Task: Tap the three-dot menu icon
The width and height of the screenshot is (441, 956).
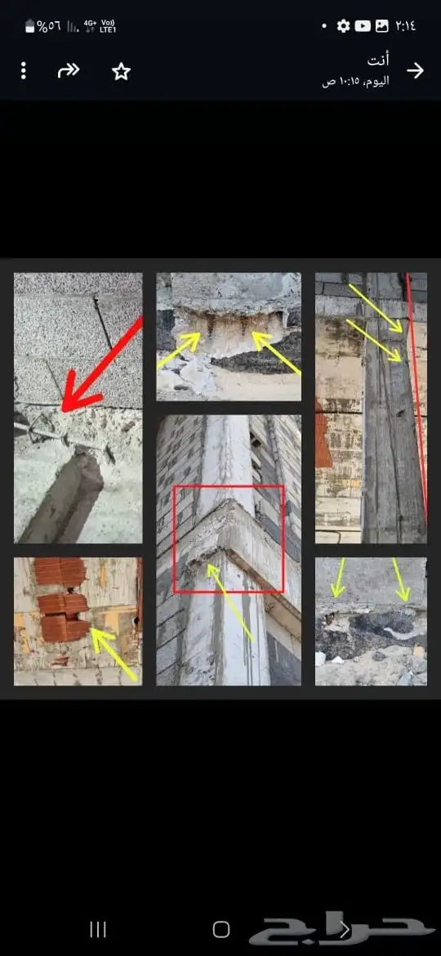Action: (x=23, y=71)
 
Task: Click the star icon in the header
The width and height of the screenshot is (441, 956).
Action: (x=121, y=71)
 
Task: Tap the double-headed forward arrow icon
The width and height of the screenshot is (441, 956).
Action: (x=69, y=71)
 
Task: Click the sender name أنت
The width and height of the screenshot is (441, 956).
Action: (x=378, y=60)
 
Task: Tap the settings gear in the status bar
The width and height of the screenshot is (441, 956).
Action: (x=344, y=25)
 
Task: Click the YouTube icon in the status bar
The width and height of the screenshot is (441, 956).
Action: (x=363, y=25)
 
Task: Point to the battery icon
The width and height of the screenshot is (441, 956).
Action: (x=30, y=26)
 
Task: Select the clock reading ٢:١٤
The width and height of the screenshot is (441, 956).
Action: (x=406, y=25)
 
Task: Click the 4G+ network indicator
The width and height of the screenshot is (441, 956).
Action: (x=90, y=25)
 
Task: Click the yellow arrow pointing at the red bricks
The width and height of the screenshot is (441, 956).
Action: (x=113, y=654)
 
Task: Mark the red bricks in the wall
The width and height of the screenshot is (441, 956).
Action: (x=61, y=599)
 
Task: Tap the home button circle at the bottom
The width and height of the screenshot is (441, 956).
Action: (x=221, y=929)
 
